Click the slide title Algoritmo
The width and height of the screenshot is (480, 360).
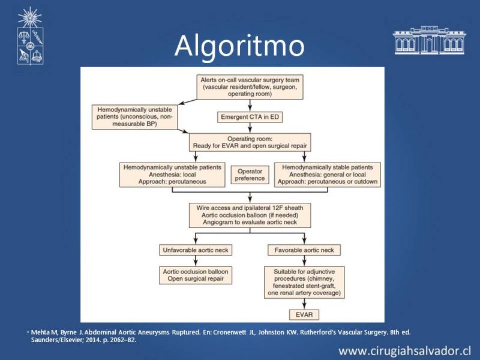coord(239,46)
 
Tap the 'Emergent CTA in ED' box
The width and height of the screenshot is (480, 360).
coord(250,117)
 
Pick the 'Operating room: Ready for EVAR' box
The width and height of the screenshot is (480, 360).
coord(250,142)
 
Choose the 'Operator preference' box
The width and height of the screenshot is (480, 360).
coord(250,175)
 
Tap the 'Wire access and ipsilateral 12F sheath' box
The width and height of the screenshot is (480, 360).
coord(250,215)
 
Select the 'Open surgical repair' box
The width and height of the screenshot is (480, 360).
coord(196,275)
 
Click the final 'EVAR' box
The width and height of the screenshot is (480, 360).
coord(304,314)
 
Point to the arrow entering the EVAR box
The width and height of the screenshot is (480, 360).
coord(304,305)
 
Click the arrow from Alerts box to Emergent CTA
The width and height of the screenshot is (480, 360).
coord(250,106)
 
